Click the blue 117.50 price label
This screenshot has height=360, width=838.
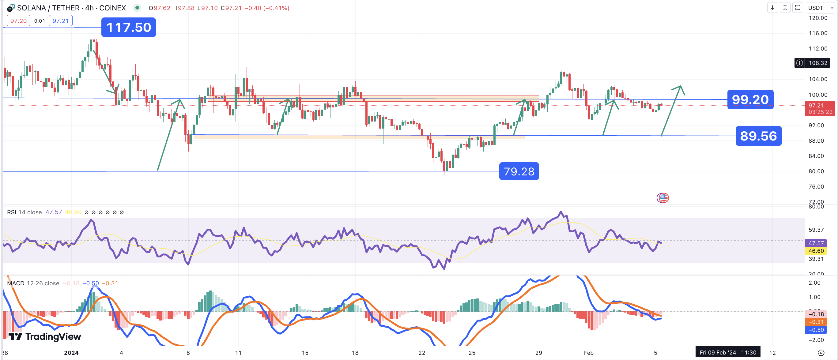click(129, 27)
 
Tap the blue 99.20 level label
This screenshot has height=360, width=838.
click(750, 99)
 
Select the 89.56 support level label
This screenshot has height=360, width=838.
click(758, 136)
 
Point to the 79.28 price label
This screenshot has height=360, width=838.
click(519, 171)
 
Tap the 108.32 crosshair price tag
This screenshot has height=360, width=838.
click(817, 63)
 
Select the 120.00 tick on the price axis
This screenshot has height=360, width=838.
click(818, 18)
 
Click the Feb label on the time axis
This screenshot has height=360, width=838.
click(588, 353)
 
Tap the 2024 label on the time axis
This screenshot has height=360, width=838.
click(71, 353)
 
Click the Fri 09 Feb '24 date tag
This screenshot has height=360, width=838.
click(728, 353)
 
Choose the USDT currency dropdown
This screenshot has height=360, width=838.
click(820, 8)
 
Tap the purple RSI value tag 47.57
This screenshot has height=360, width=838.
click(816, 243)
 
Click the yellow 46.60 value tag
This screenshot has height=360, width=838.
click(816, 251)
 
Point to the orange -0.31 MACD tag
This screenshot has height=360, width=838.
click(816, 322)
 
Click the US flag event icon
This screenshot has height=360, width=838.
click(663, 198)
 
